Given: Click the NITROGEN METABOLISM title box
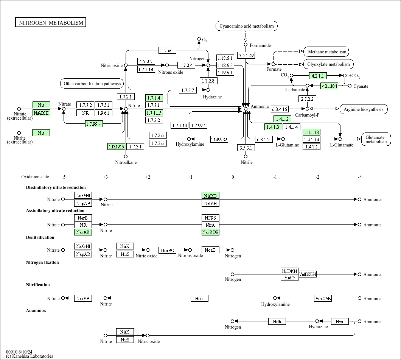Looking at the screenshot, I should pos(51,23).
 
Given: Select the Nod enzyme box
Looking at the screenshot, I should pos(167,51).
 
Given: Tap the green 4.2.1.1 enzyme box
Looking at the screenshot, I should pos(318,76).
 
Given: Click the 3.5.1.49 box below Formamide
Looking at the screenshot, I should pos(246,56).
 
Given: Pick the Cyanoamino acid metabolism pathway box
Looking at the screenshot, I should pos(247,26).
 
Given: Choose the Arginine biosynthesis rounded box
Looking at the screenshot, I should pos(364,109).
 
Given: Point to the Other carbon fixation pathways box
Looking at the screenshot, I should pos(92,84).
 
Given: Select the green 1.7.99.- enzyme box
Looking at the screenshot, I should pos(94,124).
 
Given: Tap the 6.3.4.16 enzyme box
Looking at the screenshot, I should pos(280,109).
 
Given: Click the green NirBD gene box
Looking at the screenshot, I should pos(210,196).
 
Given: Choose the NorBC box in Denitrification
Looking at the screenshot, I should pos(168,250).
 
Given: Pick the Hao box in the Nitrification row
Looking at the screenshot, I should pos(199,299).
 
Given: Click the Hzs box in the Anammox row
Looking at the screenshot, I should pos(339,321).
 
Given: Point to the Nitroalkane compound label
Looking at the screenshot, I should pos(126,162).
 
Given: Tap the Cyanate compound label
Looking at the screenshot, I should pos(361,86).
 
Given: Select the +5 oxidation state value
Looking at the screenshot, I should pos(63,177).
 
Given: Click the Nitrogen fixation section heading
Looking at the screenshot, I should pos(42,262).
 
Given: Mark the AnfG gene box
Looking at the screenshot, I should pos(289,277).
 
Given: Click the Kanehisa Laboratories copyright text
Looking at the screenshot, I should pos(30,356).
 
